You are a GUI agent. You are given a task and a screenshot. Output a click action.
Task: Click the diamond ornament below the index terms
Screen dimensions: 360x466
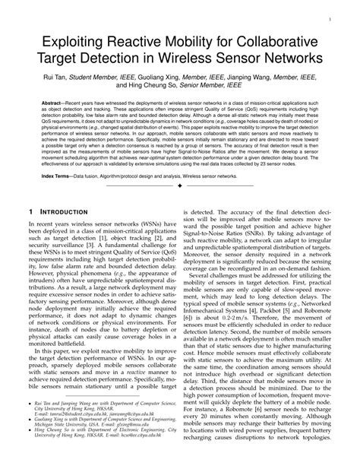[x=180, y=185]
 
